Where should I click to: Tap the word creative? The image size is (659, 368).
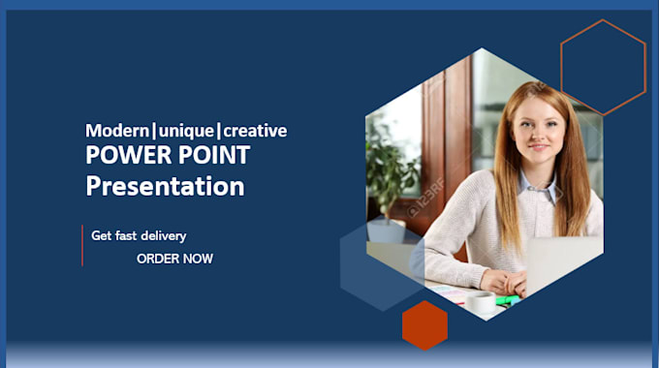click(255, 130)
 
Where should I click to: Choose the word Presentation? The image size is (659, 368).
click(165, 185)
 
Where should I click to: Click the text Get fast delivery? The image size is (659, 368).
click(139, 235)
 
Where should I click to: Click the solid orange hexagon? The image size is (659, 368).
click(424, 324)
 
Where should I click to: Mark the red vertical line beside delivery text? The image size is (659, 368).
click(82, 245)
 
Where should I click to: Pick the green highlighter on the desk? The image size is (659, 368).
click(505, 299)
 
